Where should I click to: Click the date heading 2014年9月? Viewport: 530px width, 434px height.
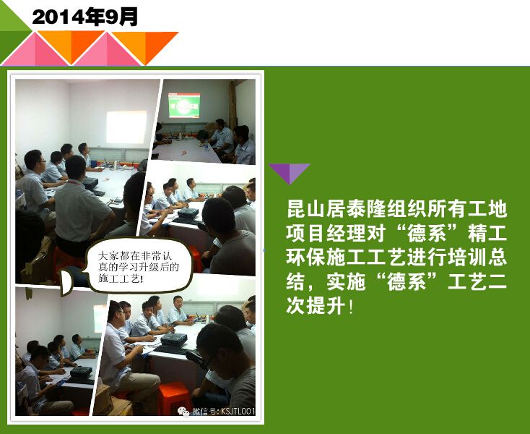click(x=84, y=17)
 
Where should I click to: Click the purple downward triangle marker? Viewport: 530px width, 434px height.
click(x=290, y=172)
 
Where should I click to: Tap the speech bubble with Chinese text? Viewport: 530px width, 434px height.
click(x=132, y=266)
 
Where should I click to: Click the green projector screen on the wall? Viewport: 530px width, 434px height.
click(x=184, y=106)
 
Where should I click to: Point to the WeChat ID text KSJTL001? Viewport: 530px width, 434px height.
click(x=238, y=412)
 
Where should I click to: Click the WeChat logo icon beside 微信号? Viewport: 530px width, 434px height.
click(x=184, y=412)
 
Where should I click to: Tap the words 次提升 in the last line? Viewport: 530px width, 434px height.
click(x=316, y=306)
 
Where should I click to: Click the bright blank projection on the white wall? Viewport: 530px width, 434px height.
click(x=126, y=127)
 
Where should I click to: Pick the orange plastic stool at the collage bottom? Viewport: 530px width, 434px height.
click(x=175, y=399)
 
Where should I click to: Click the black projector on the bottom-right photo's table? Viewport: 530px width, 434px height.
click(x=174, y=339)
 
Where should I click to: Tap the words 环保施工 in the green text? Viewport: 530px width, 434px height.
click(x=326, y=258)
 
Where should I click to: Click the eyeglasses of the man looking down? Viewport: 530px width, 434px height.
click(x=207, y=362)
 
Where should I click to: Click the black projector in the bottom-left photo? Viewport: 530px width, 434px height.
click(x=81, y=372)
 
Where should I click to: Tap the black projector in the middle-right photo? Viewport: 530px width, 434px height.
click(x=188, y=213)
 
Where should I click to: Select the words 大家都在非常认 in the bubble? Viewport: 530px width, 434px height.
click(x=135, y=255)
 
